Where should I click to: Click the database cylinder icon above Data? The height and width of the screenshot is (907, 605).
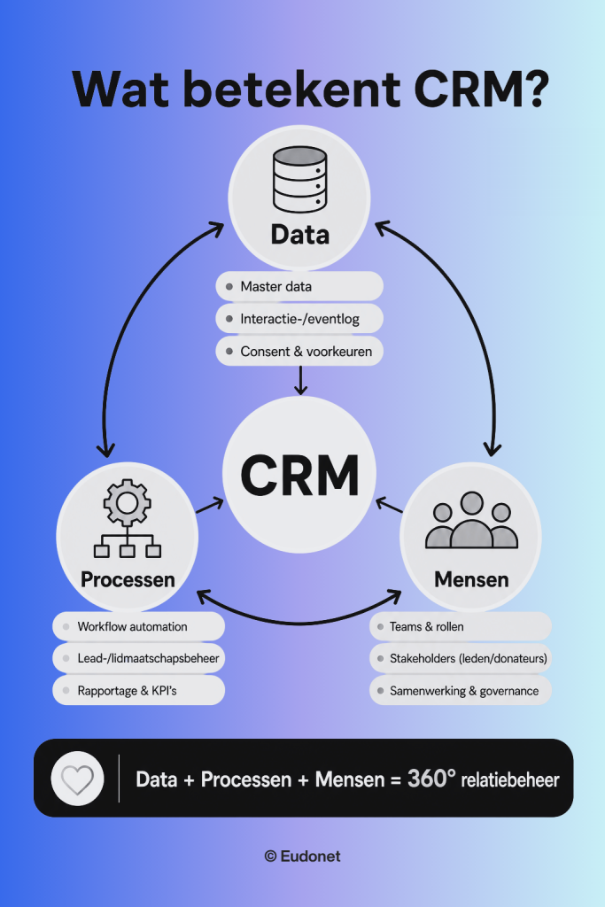coord(299,179)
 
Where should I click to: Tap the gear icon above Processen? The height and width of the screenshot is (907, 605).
coord(128,502)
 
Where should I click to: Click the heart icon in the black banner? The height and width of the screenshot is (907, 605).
coord(77,779)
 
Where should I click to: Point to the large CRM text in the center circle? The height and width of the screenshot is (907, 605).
coord(299,475)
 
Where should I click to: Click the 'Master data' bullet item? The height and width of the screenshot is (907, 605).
coord(299,286)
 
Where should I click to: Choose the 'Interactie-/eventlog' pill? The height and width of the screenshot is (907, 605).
coord(299,319)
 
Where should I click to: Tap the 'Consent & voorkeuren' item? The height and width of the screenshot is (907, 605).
coord(299,351)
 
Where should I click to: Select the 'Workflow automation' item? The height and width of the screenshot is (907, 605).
coord(139,626)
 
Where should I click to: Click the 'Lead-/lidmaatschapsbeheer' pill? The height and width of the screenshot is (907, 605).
coord(139,658)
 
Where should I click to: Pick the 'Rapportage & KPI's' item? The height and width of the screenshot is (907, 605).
coord(139,690)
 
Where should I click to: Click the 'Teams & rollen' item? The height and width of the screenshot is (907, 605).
coord(461,626)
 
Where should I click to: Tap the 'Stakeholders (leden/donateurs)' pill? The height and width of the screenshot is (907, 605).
coord(461,658)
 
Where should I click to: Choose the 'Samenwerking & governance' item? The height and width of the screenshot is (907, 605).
coord(461,690)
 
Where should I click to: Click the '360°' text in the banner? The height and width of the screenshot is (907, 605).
coord(431,778)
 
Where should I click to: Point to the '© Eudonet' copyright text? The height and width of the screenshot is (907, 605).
coord(303,857)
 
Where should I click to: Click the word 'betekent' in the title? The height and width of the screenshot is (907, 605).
coord(292,89)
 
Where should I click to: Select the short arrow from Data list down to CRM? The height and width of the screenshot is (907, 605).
coord(300,380)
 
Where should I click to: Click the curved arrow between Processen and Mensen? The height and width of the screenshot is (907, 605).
coord(299,623)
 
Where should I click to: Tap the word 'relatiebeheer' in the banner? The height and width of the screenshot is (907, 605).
coord(510,779)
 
